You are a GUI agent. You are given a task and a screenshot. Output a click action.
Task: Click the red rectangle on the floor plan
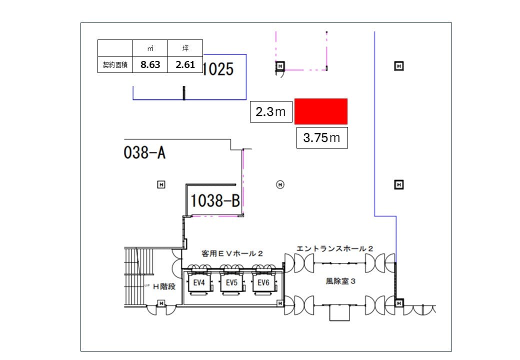321,111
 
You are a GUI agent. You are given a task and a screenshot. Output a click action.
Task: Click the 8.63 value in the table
150,65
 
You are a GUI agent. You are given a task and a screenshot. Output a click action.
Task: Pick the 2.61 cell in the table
185,65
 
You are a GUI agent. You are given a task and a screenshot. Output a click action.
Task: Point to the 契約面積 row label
115,65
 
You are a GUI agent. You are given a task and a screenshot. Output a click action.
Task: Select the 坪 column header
185,48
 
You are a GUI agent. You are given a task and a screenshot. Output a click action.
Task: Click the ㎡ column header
150,48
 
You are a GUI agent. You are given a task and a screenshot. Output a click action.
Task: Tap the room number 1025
218,69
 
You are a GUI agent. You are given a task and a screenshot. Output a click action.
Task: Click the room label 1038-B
215,201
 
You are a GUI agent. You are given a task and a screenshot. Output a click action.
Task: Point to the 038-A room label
144,153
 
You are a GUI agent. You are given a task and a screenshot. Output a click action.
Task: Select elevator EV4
199,283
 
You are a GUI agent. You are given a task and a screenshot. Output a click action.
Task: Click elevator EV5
231,283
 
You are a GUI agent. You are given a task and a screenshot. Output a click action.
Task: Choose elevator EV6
263,283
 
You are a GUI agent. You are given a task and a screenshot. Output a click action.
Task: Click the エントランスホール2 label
334,248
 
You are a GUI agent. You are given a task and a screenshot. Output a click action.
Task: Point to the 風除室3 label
340,281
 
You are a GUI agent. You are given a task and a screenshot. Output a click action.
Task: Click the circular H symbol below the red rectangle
280,185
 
